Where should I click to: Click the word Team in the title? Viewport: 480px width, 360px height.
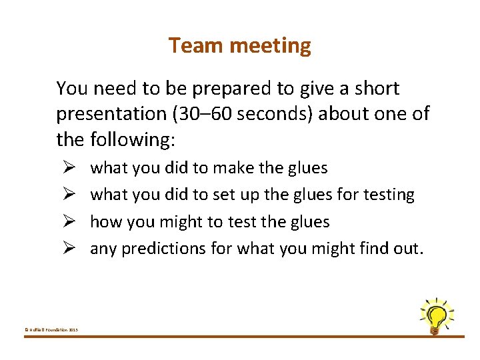(190, 45)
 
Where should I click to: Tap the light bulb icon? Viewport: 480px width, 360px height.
(436, 315)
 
